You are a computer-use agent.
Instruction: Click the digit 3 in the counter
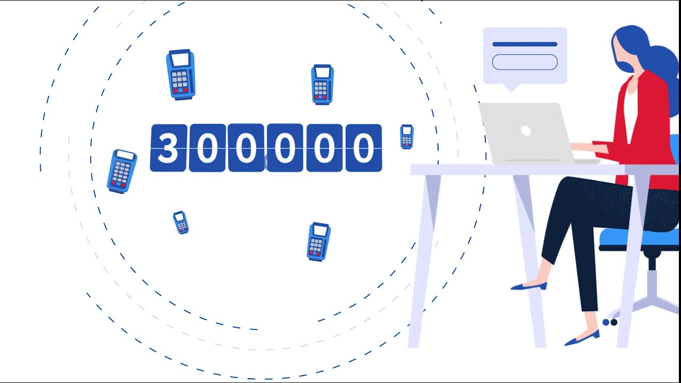click(x=168, y=148)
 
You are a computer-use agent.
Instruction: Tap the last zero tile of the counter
click(x=363, y=148)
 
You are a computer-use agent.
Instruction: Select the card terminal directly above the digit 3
click(x=180, y=74)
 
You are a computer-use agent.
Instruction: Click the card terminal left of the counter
click(x=122, y=171)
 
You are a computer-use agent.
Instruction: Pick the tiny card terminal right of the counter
click(x=406, y=137)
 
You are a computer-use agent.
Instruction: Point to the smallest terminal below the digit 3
click(x=180, y=222)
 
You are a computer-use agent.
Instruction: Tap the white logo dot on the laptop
click(x=526, y=131)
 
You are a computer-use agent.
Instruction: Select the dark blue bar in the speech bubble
click(x=525, y=44)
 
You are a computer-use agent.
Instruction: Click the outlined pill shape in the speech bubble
click(x=525, y=62)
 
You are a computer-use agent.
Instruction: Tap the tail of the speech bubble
click(x=511, y=88)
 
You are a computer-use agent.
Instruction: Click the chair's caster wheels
click(x=610, y=322)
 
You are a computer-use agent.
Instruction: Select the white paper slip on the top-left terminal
click(x=180, y=59)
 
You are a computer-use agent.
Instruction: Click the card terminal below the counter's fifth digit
click(x=318, y=242)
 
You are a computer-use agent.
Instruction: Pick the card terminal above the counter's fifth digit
click(x=322, y=84)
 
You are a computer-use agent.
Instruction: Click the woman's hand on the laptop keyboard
click(x=583, y=147)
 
